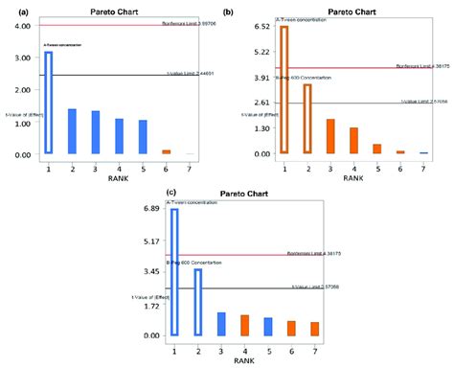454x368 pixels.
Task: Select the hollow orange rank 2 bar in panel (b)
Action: click(306, 119)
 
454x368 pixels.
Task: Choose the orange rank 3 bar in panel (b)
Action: click(330, 136)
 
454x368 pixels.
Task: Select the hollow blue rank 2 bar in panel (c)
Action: click(198, 302)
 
